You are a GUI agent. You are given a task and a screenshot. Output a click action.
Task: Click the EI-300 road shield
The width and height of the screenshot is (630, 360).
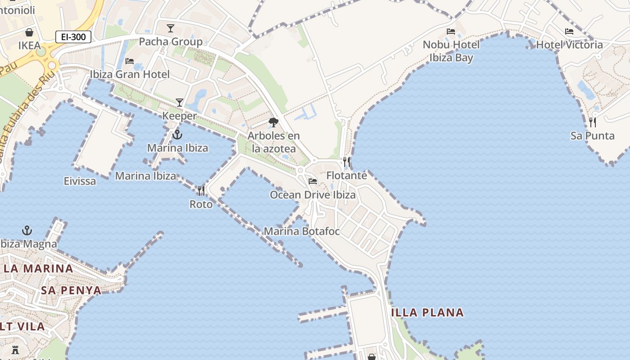tap(73, 37)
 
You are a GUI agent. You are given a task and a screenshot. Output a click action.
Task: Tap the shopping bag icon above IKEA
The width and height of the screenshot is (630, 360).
tap(29, 32)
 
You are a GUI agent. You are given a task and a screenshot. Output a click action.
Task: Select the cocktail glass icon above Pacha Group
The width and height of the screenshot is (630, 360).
tap(171, 28)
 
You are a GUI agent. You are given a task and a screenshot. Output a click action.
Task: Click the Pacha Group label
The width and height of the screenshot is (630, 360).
tap(171, 42)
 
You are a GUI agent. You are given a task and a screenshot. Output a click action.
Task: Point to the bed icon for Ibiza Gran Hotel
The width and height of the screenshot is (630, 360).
tap(130, 61)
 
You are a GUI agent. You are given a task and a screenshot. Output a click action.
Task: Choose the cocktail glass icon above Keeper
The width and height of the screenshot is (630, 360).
tap(180, 103)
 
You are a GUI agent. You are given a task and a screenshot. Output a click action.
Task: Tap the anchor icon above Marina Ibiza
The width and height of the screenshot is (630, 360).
tap(178, 135)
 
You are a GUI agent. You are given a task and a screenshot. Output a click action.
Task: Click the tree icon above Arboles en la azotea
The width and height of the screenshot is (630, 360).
tap(273, 122)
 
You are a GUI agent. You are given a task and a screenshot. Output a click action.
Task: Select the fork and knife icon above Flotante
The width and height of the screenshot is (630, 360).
tap(346, 162)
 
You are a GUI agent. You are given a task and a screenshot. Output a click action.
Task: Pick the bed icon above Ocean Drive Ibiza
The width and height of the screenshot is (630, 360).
tap(313, 181)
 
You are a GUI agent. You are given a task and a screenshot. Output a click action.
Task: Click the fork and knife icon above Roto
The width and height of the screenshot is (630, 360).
tap(201, 191)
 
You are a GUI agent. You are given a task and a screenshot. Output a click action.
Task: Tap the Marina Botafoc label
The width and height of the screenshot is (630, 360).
tap(301, 231)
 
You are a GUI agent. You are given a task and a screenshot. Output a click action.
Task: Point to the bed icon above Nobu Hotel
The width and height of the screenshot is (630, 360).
tap(451, 31)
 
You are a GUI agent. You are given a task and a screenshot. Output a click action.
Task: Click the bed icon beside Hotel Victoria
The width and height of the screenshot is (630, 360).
tap(569, 31)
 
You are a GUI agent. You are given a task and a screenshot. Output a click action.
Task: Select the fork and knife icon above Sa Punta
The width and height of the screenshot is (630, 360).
tap(593, 122)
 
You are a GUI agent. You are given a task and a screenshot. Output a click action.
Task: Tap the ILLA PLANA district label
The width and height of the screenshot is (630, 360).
tap(428, 312)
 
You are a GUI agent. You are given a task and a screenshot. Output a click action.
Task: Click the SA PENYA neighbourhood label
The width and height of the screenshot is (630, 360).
tap(71, 290)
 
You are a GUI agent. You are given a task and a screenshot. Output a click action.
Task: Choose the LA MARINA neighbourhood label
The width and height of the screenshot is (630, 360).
tap(38, 269)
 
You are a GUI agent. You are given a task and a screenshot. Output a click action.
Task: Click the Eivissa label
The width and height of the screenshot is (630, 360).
tap(80, 181)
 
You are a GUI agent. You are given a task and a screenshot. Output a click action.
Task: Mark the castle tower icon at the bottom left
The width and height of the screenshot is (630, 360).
tap(15, 350)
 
